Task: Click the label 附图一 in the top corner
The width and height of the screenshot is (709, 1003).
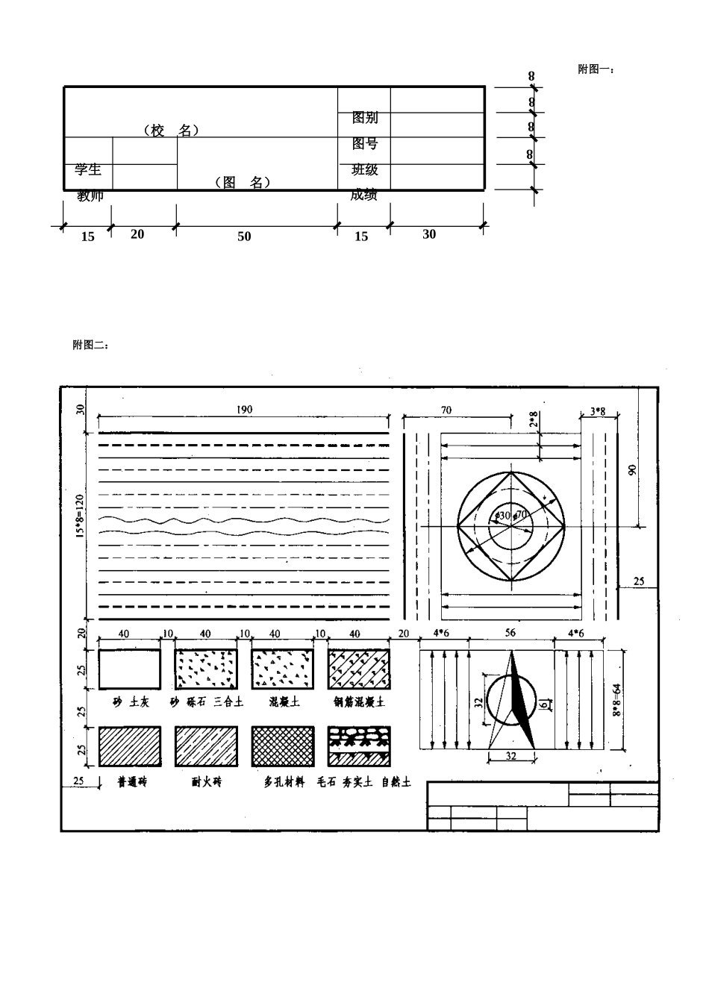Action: [596, 69]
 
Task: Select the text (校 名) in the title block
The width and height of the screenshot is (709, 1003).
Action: [171, 131]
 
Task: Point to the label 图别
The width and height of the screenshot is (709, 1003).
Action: [365, 117]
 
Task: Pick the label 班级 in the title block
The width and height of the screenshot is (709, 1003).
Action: [365, 169]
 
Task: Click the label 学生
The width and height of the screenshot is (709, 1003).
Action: [88, 169]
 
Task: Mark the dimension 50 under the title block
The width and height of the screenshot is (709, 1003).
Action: [244, 237]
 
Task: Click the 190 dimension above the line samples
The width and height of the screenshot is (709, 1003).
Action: [245, 410]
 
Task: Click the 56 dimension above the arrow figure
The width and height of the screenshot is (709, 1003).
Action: [510, 633]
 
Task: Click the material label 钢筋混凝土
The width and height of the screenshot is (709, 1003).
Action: [359, 702]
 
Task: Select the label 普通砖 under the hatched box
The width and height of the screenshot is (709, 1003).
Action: [132, 783]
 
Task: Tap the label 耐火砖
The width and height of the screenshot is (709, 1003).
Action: [206, 783]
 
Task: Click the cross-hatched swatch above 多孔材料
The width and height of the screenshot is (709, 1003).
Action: [281, 746]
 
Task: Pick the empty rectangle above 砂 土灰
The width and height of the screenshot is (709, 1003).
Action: [130, 669]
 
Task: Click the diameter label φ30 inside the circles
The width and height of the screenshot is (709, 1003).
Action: [503, 516]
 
